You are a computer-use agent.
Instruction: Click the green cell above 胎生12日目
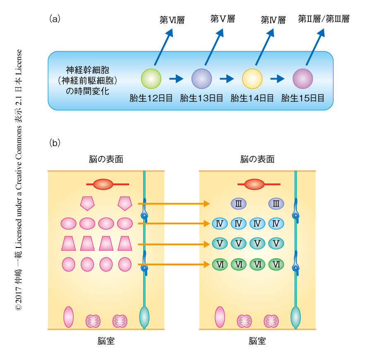151,79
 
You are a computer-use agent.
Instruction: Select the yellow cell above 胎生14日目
252,79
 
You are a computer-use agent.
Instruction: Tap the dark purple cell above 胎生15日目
303,79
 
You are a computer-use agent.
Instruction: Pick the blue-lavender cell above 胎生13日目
202,79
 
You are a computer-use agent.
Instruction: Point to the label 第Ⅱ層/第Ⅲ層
324,19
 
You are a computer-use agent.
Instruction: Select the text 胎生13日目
202,98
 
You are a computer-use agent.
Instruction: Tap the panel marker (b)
55,143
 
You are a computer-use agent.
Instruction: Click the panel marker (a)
55,18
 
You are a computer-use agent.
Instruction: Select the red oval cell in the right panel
255,184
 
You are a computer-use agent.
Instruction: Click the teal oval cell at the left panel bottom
144,317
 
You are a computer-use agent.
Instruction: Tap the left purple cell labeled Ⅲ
238,204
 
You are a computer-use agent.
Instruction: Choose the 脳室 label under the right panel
257,341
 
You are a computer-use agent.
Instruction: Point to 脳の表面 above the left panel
106,159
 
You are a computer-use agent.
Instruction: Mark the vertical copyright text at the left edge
18,180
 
